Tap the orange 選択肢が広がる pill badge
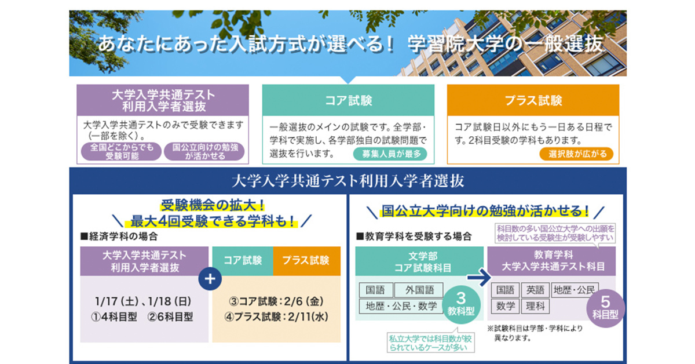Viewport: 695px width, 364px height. click(x=576, y=154)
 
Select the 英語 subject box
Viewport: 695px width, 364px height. click(x=536, y=290)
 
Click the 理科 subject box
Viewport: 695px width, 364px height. click(x=536, y=305)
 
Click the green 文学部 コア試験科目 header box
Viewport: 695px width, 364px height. click(x=419, y=261)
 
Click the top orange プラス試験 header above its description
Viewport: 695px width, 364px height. click(x=533, y=100)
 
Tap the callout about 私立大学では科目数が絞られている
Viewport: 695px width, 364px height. click(x=431, y=342)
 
